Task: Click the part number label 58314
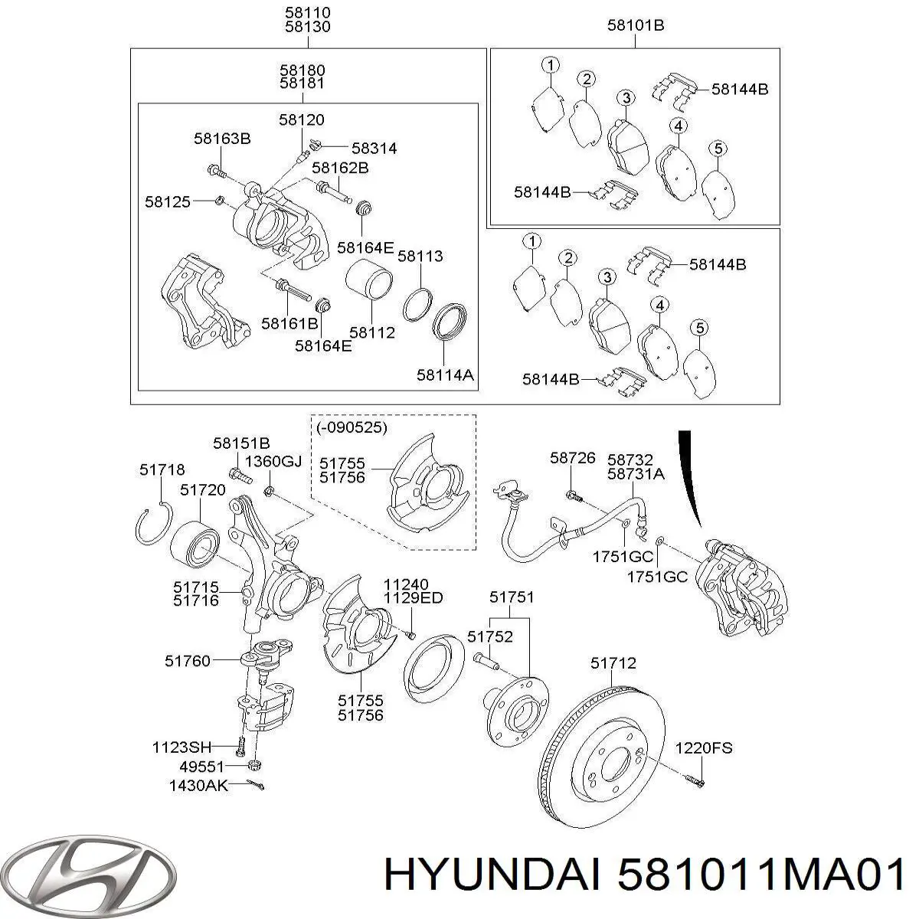point(374,149)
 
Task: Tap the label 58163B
point(222,139)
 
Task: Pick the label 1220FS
point(703,747)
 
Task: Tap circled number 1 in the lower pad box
point(531,242)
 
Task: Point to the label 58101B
point(635,25)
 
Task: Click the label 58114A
point(445,374)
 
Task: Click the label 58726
point(572,458)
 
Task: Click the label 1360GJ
point(273,461)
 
